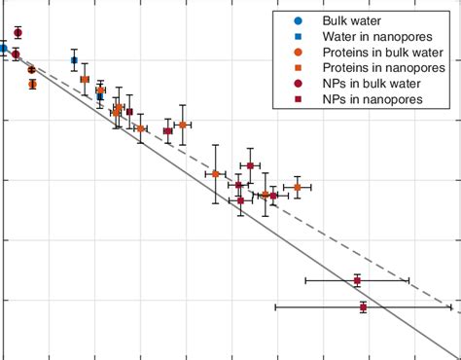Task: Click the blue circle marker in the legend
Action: pos(299,20)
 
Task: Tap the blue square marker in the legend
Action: pos(299,37)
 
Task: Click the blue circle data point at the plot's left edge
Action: pos(3,48)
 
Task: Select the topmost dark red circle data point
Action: pos(18,33)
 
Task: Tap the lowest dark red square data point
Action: pos(364,307)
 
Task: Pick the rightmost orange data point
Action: pos(298,187)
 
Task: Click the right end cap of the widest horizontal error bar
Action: pos(451,307)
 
